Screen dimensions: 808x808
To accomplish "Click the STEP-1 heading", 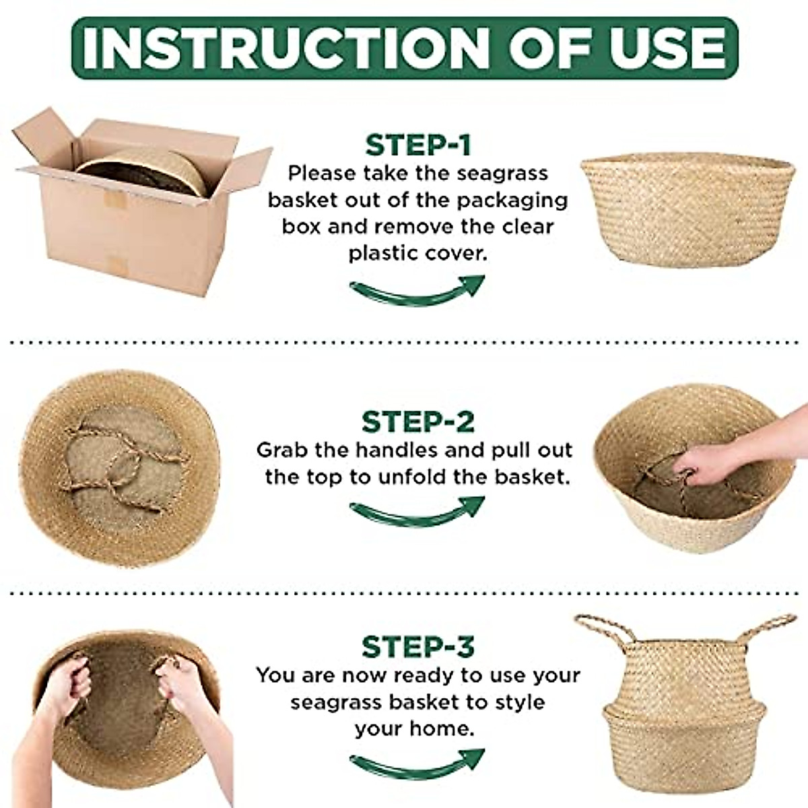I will pos(417,145).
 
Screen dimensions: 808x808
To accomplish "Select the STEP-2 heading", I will pos(417,422).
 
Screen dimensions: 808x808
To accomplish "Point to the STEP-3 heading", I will pos(417,646).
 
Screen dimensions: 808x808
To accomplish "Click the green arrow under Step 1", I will pos(417,291).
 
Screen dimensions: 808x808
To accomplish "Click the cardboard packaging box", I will pos(135,215).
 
